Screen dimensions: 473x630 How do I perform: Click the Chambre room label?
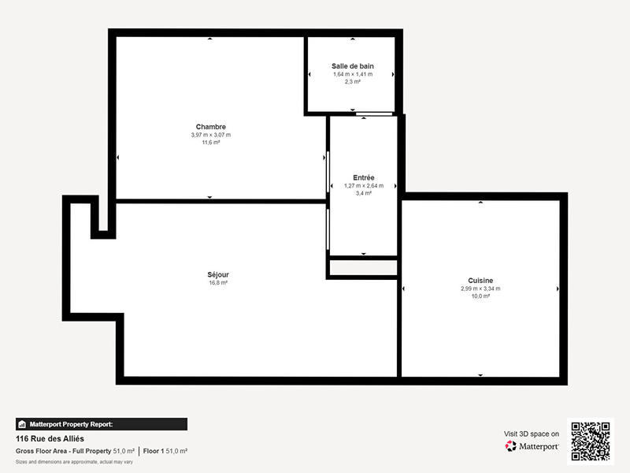pyautogui.click(x=211, y=127)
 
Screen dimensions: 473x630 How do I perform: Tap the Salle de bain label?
pyautogui.click(x=352, y=65)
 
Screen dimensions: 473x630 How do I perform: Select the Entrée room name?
pyautogui.click(x=364, y=177)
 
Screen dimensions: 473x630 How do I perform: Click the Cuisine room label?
pyautogui.click(x=480, y=281)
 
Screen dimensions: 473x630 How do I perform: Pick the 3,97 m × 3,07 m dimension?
pyautogui.click(x=211, y=135)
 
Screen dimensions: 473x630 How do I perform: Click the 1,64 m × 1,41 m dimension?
pyautogui.click(x=352, y=74)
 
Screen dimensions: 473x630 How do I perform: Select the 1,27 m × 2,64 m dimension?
pyautogui.click(x=364, y=185)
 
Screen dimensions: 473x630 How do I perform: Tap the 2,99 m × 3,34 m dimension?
pyautogui.click(x=480, y=289)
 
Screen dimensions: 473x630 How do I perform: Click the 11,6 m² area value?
pyautogui.click(x=211, y=143)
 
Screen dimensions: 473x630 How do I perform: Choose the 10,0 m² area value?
pyautogui.click(x=480, y=296)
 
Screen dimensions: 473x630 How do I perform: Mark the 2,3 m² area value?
pyautogui.click(x=352, y=81)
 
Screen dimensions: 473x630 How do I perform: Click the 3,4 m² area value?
pyautogui.click(x=364, y=193)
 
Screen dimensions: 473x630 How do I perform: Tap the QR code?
pyautogui.click(x=590, y=441)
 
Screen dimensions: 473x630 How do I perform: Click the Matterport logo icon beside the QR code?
pyautogui.click(x=511, y=446)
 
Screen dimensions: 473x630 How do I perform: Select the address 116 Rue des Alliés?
pyautogui.click(x=50, y=438)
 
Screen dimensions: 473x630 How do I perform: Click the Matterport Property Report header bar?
pyautogui.click(x=102, y=424)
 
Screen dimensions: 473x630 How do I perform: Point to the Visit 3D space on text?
pyautogui.click(x=532, y=434)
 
